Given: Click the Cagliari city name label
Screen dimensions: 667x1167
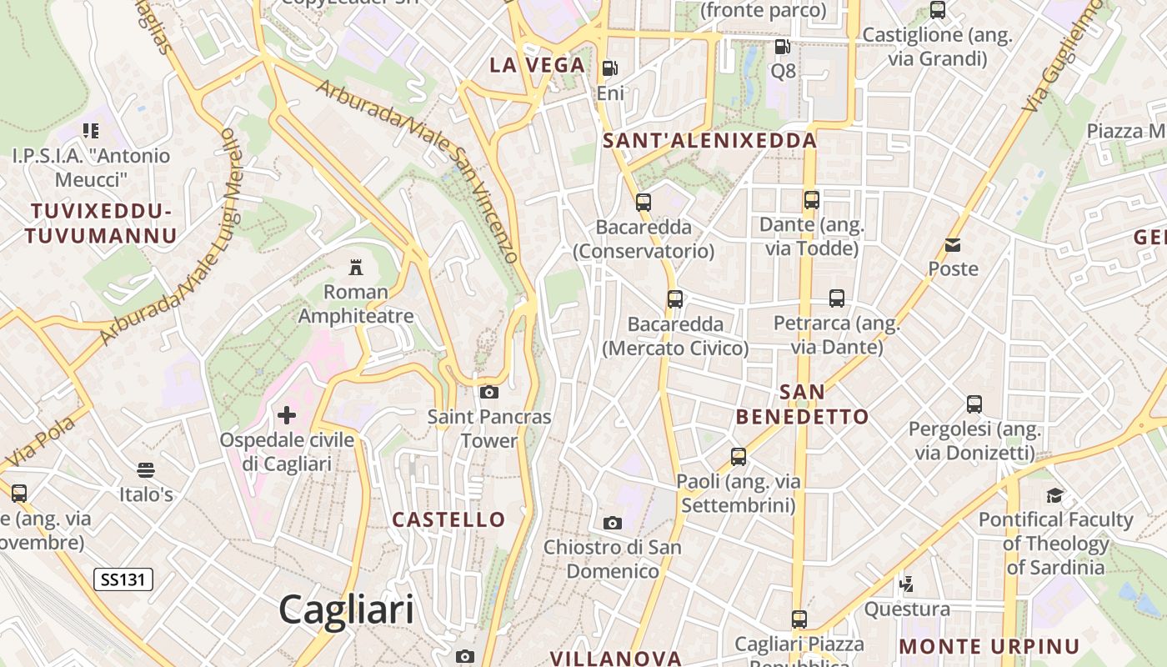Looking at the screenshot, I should pyautogui.click(x=346, y=609).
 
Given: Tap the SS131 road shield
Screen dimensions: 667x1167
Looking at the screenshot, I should pyautogui.click(x=123, y=579).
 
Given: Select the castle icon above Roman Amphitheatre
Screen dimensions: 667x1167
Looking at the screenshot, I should pyautogui.click(x=356, y=267).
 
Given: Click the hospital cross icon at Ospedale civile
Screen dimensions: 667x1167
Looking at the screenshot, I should pyautogui.click(x=286, y=414).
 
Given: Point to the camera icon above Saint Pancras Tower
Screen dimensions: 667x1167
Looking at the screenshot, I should pyautogui.click(x=489, y=392).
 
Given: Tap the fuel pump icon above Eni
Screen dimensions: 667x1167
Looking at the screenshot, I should pyautogui.click(x=610, y=68).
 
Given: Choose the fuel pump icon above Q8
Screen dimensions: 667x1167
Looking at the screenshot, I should pyautogui.click(x=782, y=46).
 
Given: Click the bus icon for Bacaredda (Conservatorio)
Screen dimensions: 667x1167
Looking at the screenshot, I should pyautogui.click(x=643, y=202).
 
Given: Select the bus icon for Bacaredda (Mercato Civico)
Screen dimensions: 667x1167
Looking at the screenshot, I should pyautogui.click(x=675, y=298).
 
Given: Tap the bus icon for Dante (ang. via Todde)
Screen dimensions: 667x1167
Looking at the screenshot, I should pyautogui.click(x=811, y=200).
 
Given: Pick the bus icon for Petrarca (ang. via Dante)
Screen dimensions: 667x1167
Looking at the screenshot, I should pyautogui.click(x=836, y=298).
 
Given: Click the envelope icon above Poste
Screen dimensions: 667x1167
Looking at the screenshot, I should pyautogui.click(x=953, y=244).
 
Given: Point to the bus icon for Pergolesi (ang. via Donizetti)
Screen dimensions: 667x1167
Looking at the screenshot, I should pyautogui.click(x=974, y=404).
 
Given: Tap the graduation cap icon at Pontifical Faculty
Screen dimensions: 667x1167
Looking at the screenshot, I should pyautogui.click(x=1054, y=495).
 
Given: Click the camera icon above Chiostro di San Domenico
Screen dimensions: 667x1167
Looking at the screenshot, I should pyautogui.click(x=613, y=523).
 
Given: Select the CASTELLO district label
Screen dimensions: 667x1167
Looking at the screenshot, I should pyautogui.click(x=448, y=519).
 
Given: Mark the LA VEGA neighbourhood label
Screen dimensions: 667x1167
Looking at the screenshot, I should pyautogui.click(x=537, y=65).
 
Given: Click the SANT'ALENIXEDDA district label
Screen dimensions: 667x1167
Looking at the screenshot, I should pyautogui.click(x=709, y=141).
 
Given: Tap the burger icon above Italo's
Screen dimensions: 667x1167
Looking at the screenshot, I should pyautogui.click(x=146, y=470).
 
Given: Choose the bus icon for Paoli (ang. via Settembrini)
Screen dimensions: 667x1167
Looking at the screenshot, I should pyautogui.click(x=738, y=456).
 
